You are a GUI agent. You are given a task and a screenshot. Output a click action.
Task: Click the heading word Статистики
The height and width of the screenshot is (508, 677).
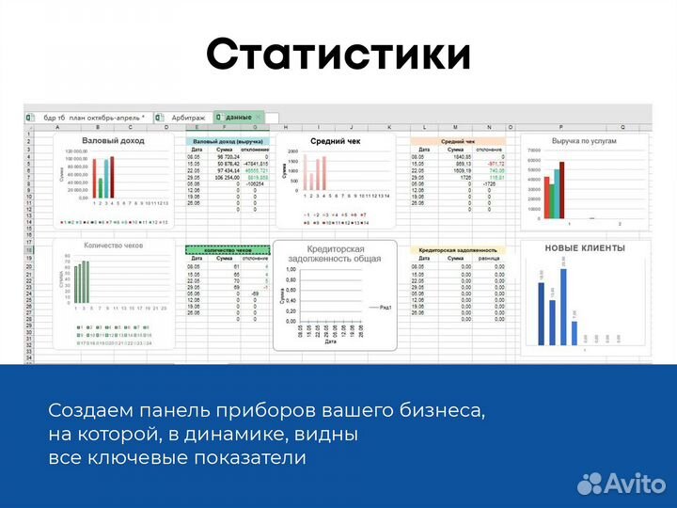[338, 54]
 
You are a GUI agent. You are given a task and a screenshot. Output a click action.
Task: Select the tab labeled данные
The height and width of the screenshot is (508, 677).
[237, 117]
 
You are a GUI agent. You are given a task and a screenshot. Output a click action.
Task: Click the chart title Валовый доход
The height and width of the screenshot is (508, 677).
[113, 140]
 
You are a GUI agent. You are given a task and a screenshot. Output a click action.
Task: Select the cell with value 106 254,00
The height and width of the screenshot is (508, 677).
[225, 177]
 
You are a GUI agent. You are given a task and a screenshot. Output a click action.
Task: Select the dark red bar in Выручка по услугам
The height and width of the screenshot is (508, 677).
[562, 189]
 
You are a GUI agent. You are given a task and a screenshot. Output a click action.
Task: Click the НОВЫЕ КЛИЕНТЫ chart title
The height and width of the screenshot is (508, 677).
[584, 247]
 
